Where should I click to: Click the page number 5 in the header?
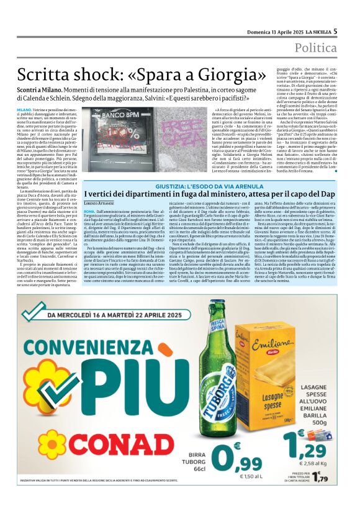(x=353, y=30)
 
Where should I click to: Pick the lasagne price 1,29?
(x=310, y=445)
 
